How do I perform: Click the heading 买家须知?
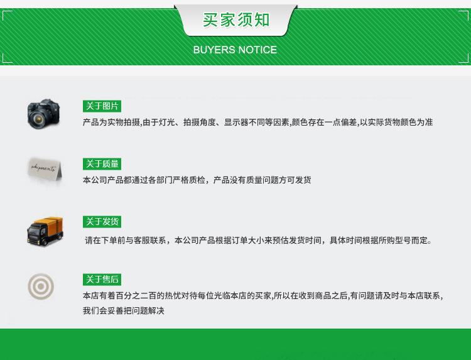pyautogui.click(x=235, y=19)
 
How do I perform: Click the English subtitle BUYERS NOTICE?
pyautogui.click(x=235, y=50)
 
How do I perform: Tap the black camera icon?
pyautogui.click(x=43, y=114)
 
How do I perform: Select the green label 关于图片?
pyautogui.click(x=102, y=106)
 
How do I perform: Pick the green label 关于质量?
pyautogui.click(x=102, y=164)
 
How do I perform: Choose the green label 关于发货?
pyautogui.click(x=102, y=222)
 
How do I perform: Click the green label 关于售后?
pyautogui.click(x=102, y=280)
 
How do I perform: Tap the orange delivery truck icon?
pyautogui.click(x=45, y=231)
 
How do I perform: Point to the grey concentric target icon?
pyautogui.click(x=41, y=287)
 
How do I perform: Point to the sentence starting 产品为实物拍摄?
pyautogui.click(x=257, y=123)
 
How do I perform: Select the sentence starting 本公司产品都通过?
pyautogui.click(x=197, y=180)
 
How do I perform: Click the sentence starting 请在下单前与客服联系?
pyautogui.click(x=258, y=241)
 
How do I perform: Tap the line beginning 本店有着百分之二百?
pyautogui.click(x=263, y=296)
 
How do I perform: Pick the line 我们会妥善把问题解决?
pyautogui.click(x=123, y=311)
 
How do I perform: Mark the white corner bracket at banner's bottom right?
pyautogui.click(x=464, y=58)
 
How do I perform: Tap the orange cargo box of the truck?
pyautogui.click(x=51, y=226)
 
